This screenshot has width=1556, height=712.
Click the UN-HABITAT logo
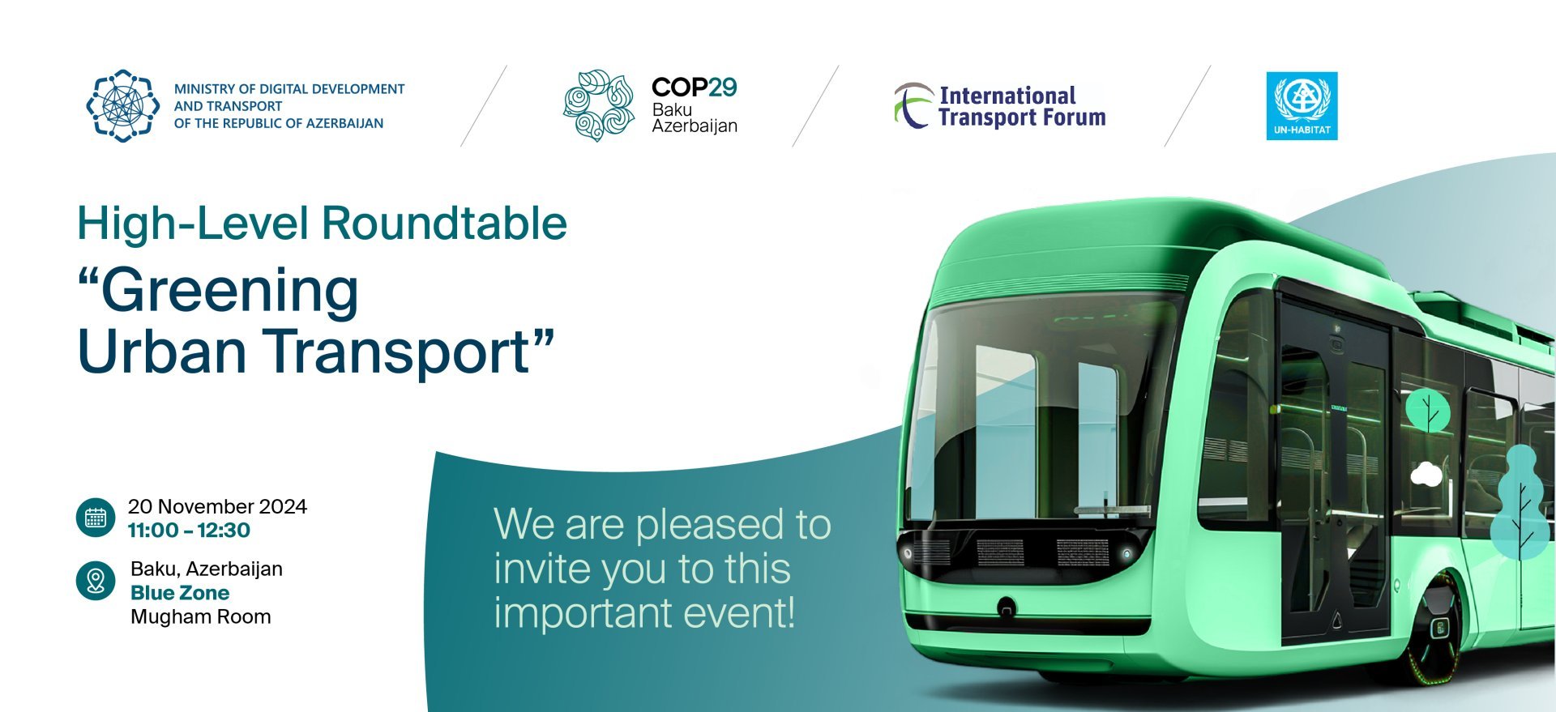click(1302, 106)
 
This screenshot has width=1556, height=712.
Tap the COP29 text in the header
click(695, 87)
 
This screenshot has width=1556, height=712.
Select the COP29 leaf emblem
click(599, 105)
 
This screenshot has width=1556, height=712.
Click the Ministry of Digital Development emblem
click(123, 105)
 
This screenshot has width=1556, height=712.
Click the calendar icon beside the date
click(96, 518)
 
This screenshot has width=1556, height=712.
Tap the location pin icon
click(96, 581)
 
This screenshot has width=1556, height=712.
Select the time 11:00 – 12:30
click(189, 531)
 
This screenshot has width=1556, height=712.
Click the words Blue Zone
click(180, 593)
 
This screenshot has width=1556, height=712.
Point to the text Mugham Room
click(201, 616)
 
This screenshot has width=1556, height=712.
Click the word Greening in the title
click(229, 291)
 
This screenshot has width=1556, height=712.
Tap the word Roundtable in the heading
click(444, 223)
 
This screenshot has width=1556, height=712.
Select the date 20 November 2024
click(217, 506)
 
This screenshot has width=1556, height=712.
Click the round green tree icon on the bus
click(1428, 410)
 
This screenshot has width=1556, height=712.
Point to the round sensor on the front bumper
click(1007, 606)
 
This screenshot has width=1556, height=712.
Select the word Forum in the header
click(1075, 117)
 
